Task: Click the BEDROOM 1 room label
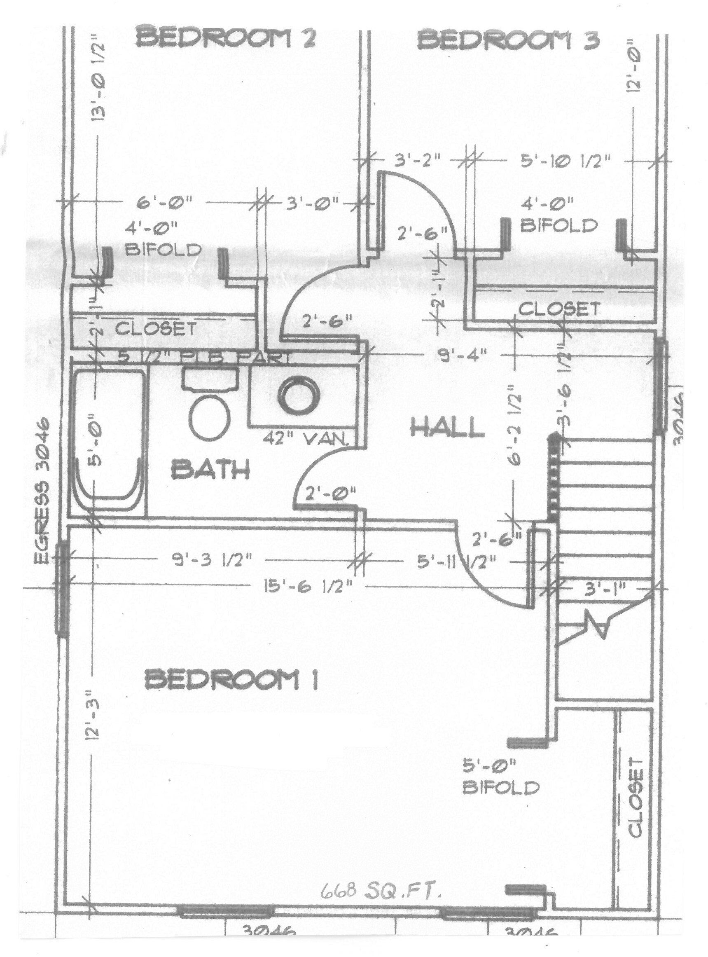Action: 231,681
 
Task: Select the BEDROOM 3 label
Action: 509,42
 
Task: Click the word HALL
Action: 447,428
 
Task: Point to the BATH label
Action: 211,469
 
